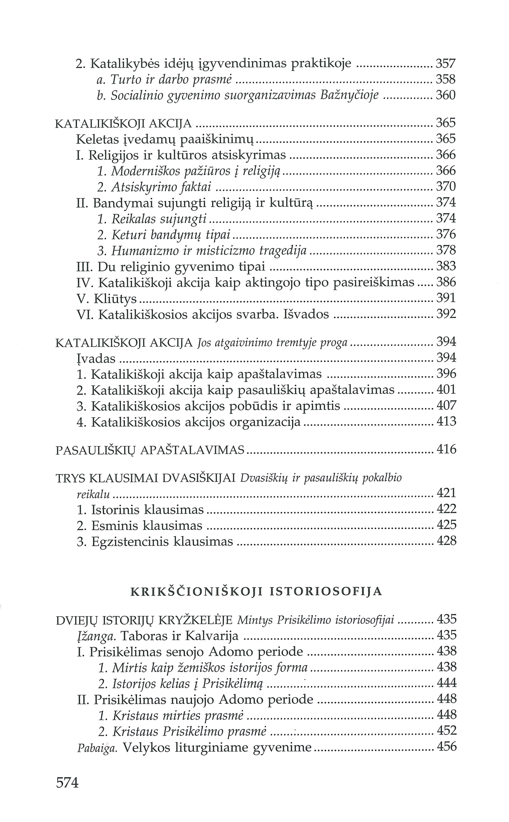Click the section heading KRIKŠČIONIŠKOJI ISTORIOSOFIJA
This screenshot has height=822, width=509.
tap(256, 592)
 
